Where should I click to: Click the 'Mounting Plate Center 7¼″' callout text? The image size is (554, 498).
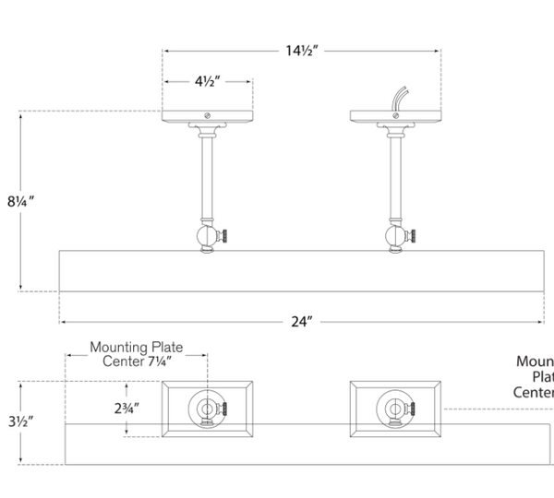tap(136, 355)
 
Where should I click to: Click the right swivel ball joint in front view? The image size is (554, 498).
tap(394, 237)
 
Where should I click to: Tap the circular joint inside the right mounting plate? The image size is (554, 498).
tap(391, 407)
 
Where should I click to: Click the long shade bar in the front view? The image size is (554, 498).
tap(305, 270)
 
